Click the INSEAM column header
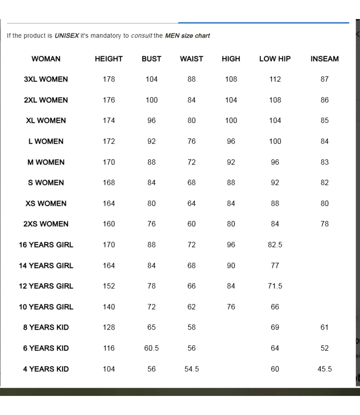[x=324, y=59]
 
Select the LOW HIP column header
[x=275, y=59]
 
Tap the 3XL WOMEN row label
[x=46, y=79]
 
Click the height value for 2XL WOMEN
[x=109, y=100]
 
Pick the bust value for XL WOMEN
[x=151, y=120]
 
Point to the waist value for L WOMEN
[x=191, y=141]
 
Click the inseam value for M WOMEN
[x=324, y=162]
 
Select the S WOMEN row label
[x=46, y=183]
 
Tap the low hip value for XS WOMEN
[x=275, y=203]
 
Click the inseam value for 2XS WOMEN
[x=324, y=224]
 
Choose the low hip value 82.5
[x=275, y=245]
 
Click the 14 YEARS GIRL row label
[x=46, y=265]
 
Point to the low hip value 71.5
[x=275, y=286]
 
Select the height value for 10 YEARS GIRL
[x=109, y=307]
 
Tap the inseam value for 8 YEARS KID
[x=324, y=327]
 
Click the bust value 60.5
[x=151, y=348]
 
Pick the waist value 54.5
[x=191, y=369]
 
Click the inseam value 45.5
[x=324, y=369]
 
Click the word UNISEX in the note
[x=66, y=36]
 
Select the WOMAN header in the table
[x=46, y=59]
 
